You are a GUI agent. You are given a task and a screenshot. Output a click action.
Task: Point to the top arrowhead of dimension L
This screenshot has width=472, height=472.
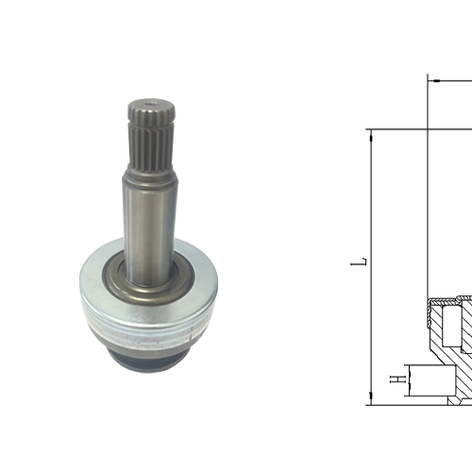[x=371, y=136]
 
